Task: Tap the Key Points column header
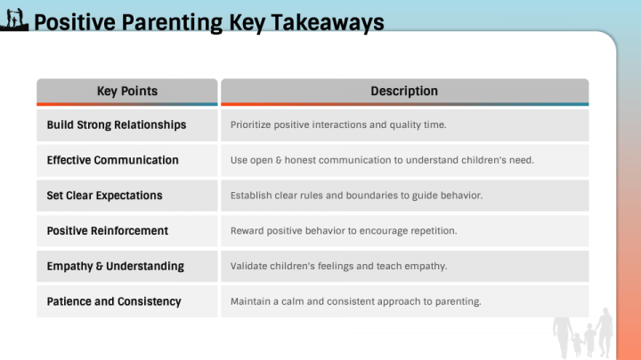point(126,91)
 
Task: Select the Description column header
point(404,91)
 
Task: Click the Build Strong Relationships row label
point(117,125)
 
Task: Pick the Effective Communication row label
point(112,160)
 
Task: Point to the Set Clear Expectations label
point(104,196)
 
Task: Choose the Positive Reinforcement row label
point(107,231)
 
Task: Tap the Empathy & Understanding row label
point(115,266)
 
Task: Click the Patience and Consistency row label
point(113,301)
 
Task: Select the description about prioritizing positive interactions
point(337,125)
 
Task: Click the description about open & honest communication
point(381,160)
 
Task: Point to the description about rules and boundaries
point(356,196)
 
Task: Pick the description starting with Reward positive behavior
point(343,231)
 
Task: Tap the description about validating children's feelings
point(338,266)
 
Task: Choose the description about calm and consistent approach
point(355,301)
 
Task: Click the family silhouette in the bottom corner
point(582,332)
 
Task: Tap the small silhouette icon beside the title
point(15,20)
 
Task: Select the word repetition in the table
point(431,231)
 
